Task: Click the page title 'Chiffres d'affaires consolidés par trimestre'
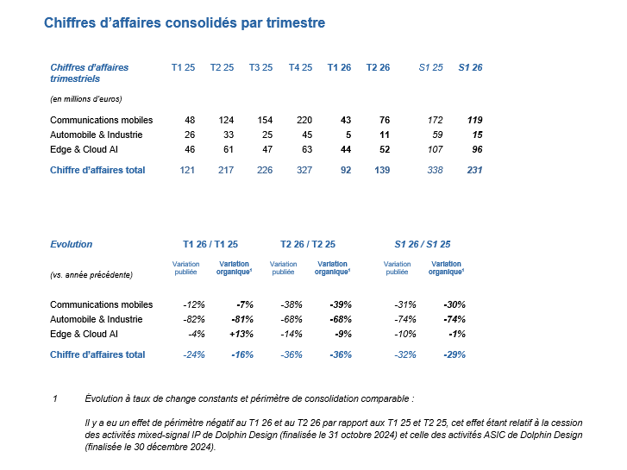[185, 23]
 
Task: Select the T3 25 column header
[260, 67]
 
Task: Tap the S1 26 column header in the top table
[470, 67]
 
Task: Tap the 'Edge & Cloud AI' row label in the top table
[83, 149]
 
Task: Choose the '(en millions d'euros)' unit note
[85, 99]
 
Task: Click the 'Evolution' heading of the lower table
[72, 244]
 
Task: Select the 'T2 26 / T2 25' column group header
[308, 244]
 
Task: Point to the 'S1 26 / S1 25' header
[422, 244]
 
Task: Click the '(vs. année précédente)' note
[91, 274]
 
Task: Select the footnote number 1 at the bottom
[55, 398]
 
